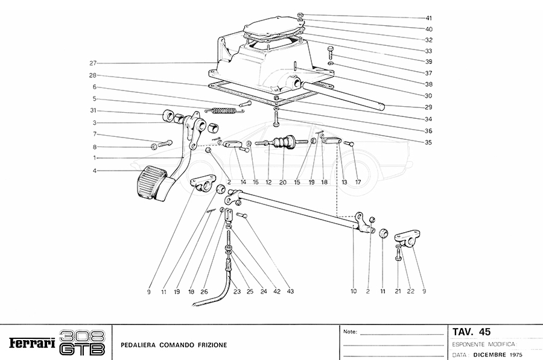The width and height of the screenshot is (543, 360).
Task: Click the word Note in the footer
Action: [x=351, y=332]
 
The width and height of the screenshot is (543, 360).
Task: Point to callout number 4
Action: [x=94, y=170]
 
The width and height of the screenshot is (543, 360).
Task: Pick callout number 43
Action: [x=290, y=292]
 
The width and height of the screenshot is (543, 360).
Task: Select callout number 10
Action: [x=354, y=292]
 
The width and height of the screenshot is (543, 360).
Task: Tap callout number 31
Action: [x=93, y=110]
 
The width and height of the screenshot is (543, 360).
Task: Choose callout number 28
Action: [x=93, y=75]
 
